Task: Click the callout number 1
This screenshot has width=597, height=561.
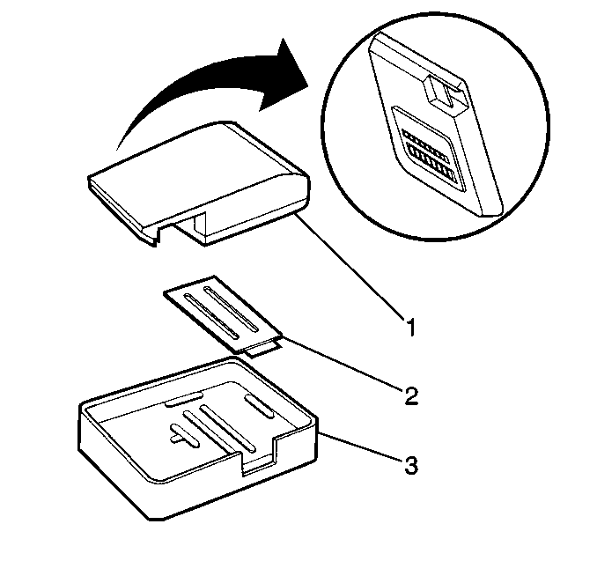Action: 410,328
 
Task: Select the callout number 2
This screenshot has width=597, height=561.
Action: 411,396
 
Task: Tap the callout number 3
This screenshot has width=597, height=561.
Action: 411,465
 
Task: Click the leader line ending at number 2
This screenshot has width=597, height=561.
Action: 343,362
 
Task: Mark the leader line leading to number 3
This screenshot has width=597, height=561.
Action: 360,447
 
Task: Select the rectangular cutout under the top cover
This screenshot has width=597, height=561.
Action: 190,229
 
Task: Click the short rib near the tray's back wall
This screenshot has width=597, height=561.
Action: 184,399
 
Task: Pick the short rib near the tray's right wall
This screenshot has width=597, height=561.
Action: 259,406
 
